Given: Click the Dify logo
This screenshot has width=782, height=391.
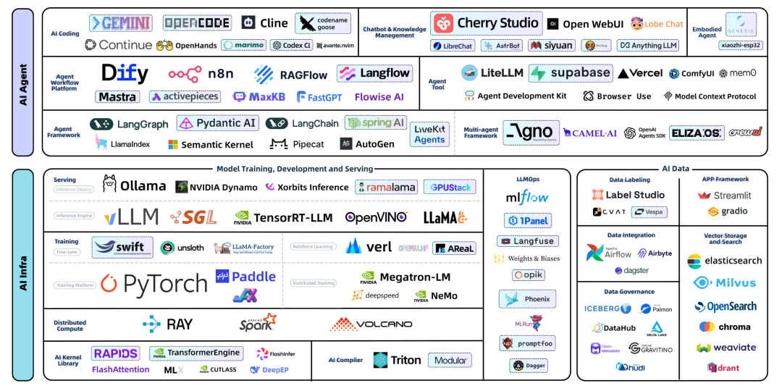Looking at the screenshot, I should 125,73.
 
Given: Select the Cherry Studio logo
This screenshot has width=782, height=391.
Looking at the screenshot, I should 487,23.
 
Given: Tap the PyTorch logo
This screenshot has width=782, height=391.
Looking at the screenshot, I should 154,284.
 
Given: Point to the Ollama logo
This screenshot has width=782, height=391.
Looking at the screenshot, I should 135,186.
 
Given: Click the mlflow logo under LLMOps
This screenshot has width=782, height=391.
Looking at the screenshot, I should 527,197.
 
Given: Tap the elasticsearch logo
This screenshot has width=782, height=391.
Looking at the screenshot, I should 724,261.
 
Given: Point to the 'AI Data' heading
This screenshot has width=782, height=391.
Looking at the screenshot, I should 675,169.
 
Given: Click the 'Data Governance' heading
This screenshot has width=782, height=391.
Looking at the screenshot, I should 628,291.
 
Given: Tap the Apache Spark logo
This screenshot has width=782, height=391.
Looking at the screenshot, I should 258,323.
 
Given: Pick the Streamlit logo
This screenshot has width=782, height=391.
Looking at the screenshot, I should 724,195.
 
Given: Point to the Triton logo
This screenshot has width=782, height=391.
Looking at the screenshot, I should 397,360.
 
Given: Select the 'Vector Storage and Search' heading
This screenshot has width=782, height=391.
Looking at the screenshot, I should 724,239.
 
